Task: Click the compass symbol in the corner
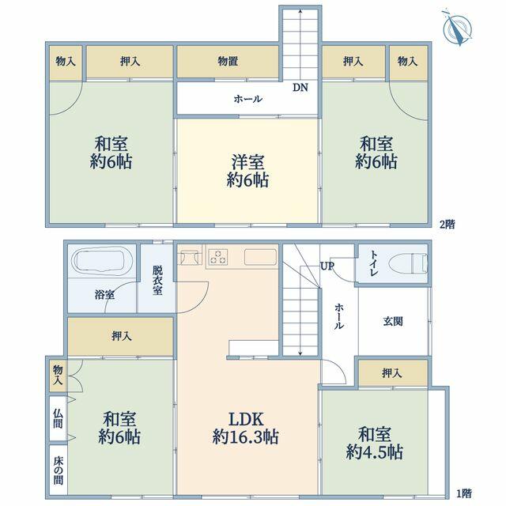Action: [x=457, y=28]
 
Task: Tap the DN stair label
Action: [x=300, y=88]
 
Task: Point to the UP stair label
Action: [x=327, y=266]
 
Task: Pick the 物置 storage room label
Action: [x=228, y=62]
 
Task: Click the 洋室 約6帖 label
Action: [x=247, y=171]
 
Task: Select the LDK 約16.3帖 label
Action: [x=246, y=428]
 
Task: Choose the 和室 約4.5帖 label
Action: [x=374, y=443]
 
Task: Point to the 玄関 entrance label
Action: [x=393, y=322]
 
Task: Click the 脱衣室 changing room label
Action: [x=157, y=280]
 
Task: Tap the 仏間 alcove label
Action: [x=58, y=418]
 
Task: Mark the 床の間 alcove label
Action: [x=58, y=470]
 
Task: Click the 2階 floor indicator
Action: [x=447, y=224]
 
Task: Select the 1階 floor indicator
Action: [x=464, y=493]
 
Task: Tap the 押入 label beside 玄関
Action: [x=392, y=373]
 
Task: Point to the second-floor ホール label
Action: [x=247, y=99]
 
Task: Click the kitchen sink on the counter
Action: [x=261, y=257]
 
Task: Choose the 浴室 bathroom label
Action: [x=104, y=295]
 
